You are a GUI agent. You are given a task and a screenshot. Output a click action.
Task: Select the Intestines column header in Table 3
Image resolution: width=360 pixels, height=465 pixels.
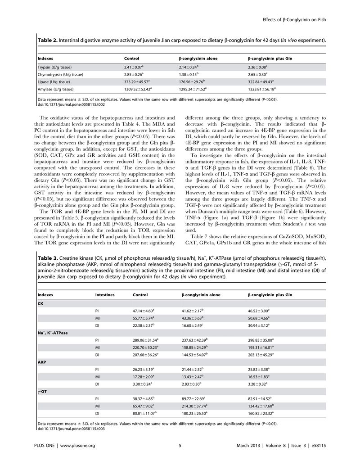coord(105,295)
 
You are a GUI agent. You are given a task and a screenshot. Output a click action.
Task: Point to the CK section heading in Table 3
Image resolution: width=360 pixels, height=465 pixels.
coord(41,303)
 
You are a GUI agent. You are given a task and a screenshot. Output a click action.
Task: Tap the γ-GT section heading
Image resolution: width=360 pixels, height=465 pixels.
coord(43,391)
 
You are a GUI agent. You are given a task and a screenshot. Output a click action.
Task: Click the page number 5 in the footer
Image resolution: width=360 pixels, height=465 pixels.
coord(180,445)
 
